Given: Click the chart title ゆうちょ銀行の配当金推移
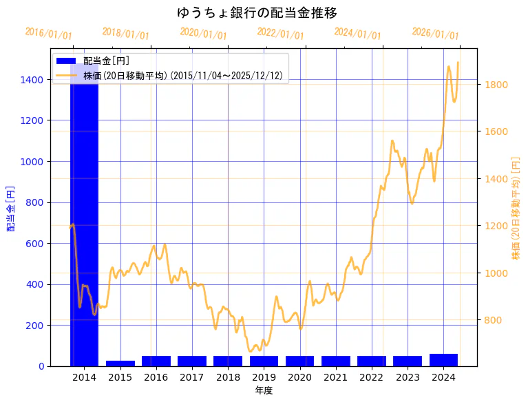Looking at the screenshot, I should pos(257,13).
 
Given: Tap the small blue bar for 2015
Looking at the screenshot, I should pos(120,363).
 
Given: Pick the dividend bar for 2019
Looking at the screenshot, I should pos(264,361).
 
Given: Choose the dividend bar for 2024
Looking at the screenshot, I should pos(443,359).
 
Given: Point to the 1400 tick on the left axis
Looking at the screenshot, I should pos(34,80).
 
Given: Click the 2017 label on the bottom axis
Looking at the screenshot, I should pos(192,377).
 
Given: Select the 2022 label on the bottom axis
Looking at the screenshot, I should pos(372,377).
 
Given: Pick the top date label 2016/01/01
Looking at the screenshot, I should pos(48,34).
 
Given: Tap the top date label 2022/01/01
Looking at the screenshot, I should pos(280,34).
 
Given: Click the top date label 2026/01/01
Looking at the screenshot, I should pos(435,34).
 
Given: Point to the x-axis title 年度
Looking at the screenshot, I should pos(264,390).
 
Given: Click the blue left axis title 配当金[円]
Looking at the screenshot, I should pos(11,208).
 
